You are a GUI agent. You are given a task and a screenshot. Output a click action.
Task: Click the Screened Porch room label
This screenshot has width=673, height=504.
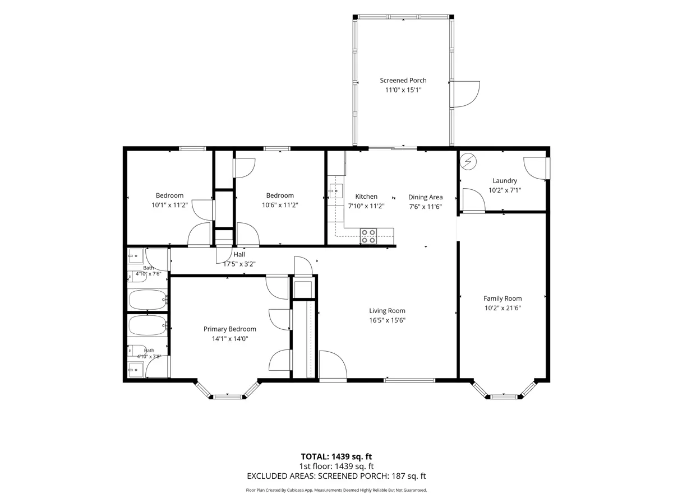click(403, 81)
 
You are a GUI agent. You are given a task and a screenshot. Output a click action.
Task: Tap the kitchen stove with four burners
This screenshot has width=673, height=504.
click(368, 236)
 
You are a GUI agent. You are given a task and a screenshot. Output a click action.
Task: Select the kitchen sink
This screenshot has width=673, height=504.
click(336, 191)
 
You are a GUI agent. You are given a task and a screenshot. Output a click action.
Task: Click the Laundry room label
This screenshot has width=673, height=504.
click(505, 181)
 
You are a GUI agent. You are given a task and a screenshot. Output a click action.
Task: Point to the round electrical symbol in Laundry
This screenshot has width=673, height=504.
click(468, 161)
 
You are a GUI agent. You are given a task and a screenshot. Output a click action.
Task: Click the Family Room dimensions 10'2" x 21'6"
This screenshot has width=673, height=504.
click(503, 308)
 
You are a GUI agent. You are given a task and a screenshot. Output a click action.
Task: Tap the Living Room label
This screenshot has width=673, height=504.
click(387, 311)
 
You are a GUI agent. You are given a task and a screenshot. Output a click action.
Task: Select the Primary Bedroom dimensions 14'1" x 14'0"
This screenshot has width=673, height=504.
click(229, 338)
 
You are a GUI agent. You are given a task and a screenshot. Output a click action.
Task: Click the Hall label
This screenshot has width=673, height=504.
click(239, 254)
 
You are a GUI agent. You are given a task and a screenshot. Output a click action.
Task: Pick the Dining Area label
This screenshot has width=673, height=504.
click(425, 197)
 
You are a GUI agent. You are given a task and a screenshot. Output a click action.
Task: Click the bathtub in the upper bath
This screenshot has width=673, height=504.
click(148, 300)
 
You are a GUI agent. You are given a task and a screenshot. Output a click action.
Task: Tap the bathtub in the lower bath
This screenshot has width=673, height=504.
click(148, 325)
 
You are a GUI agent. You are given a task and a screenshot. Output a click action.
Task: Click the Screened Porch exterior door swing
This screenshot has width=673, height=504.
click(465, 94)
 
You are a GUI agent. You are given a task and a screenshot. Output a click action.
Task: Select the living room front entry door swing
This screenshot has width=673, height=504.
click(333, 365)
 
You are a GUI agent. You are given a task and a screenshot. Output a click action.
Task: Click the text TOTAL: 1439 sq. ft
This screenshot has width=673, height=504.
click(336, 456)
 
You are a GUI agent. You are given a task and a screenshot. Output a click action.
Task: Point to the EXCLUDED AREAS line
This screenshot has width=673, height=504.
click(336, 476)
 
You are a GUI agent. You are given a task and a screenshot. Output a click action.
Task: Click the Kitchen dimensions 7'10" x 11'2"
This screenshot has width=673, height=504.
click(366, 206)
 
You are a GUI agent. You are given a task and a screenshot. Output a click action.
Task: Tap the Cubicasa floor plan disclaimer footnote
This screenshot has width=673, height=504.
click(336, 490)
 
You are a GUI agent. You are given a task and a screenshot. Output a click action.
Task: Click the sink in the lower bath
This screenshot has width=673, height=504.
click(136, 370)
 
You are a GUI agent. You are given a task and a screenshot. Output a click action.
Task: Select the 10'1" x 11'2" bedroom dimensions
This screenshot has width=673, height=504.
click(169, 205)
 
